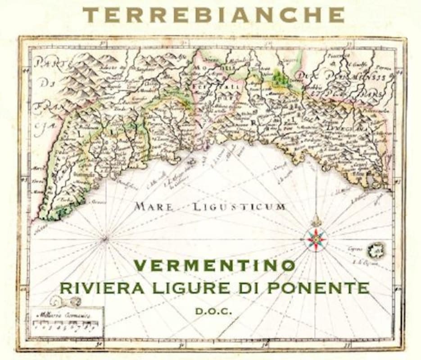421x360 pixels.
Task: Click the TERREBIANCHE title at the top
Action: click(x=213, y=15)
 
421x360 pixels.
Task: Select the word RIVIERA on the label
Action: click(x=90, y=288)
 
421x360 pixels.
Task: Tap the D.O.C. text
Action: click(x=214, y=311)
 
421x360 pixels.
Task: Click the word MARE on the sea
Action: click(x=154, y=207)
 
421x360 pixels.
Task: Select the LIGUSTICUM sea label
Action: click(x=239, y=207)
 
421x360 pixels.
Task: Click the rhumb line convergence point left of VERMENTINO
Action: click(x=105, y=239)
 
